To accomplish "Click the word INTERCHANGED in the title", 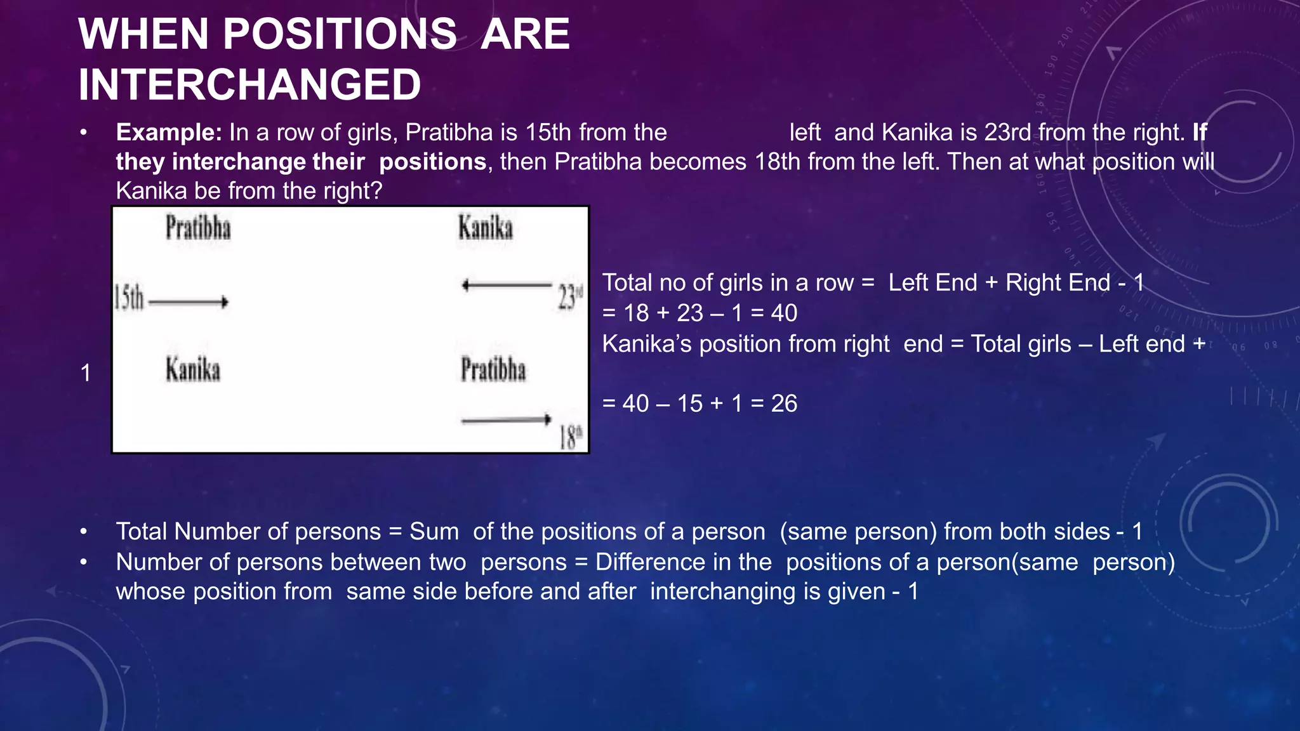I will click(x=249, y=85).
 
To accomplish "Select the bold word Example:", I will click(x=169, y=133).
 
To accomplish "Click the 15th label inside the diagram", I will click(x=129, y=298).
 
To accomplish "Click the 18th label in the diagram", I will click(x=570, y=437).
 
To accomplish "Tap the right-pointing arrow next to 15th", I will click(x=188, y=302).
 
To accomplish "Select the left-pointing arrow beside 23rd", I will click(x=507, y=286).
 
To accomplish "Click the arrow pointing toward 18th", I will click(x=507, y=419).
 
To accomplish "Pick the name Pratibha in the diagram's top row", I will click(x=198, y=228).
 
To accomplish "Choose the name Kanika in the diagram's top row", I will click(x=486, y=228).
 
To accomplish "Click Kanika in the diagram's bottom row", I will click(x=193, y=370).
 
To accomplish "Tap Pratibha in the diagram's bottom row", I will click(x=493, y=370).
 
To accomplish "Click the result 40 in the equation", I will click(x=784, y=313).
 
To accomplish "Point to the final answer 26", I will click(x=784, y=404).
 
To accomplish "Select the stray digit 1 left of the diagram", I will click(x=86, y=373).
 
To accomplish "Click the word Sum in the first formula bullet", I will click(x=434, y=532).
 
